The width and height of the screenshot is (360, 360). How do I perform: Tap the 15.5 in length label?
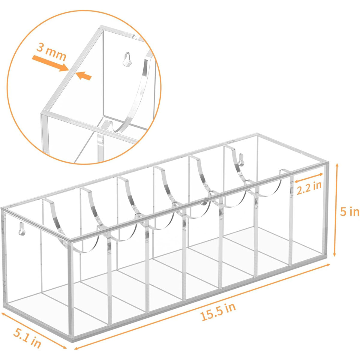(218, 312)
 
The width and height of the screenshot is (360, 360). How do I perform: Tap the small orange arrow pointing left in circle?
(84, 76)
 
